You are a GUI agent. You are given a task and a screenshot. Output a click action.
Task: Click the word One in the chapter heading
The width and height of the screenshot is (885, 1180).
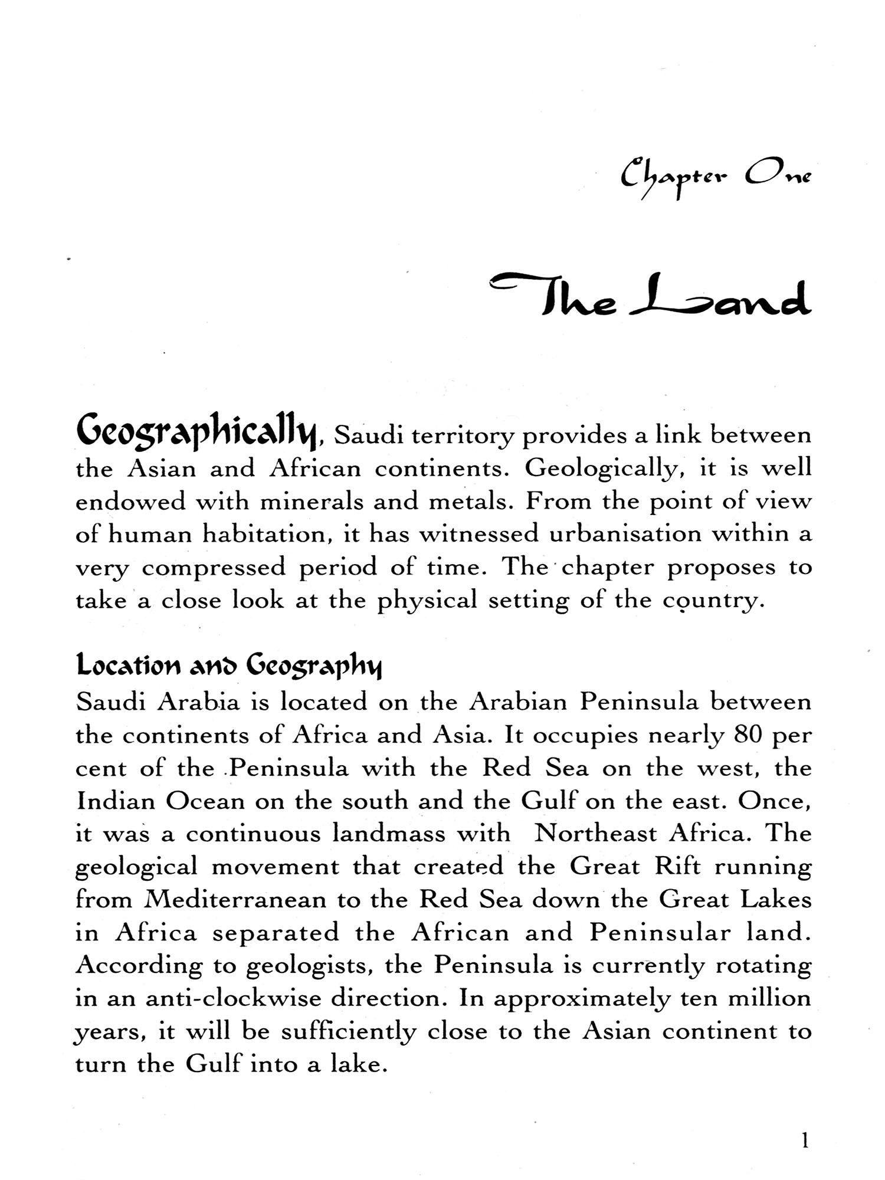pyautogui.click(x=779, y=174)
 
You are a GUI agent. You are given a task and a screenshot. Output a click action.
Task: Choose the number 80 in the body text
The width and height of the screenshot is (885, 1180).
pyautogui.click(x=749, y=735)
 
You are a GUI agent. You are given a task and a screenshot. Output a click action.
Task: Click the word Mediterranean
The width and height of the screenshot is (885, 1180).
pyautogui.click(x=235, y=900)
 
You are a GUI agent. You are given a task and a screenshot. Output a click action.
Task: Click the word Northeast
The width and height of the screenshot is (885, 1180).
pyautogui.click(x=595, y=834)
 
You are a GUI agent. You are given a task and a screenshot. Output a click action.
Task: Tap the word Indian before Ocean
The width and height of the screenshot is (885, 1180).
pyautogui.click(x=114, y=801)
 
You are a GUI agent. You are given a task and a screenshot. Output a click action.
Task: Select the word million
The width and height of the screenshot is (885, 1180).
pyautogui.click(x=769, y=998)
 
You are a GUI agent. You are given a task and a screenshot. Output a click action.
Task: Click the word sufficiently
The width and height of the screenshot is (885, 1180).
pyautogui.click(x=348, y=1032)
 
